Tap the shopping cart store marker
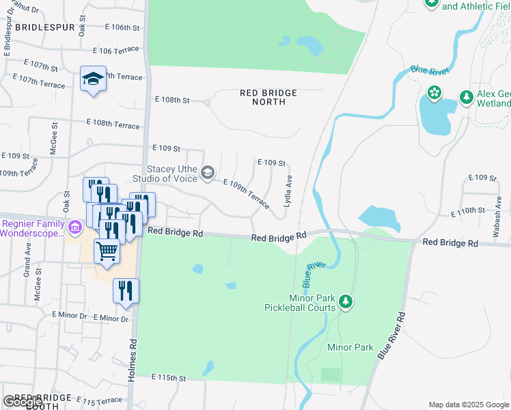point(107,251)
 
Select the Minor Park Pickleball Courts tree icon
point(346,301)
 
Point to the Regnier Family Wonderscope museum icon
point(75,224)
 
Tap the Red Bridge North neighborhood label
point(268,97)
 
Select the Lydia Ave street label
point(288,191)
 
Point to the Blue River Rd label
point(391,337)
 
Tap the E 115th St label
point(169,377)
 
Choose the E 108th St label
point(171,100)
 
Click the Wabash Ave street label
point(497,223)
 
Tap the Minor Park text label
point(350,347)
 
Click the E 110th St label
point(468,213)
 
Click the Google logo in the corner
point(23,402)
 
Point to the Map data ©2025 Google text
point(469,405)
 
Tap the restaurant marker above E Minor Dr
point(126,291)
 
